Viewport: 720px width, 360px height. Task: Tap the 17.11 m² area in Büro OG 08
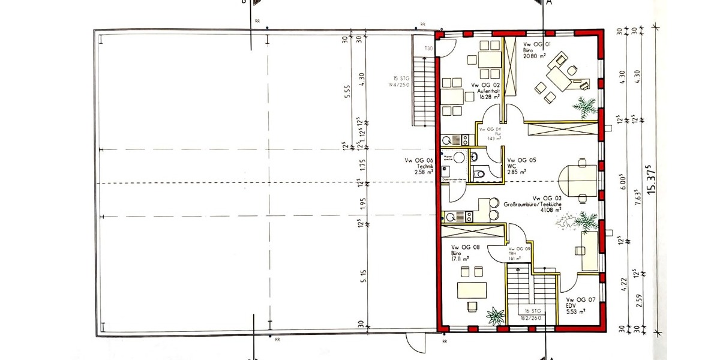[x=460, y=259]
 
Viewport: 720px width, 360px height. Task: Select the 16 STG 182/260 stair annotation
[x=530, y=314]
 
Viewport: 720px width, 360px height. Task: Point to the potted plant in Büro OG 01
[x=583, y=108]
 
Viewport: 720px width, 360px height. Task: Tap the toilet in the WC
[x=478, y=175]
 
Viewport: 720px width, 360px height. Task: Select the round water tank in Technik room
[x=460, y=157]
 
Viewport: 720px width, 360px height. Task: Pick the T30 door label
[x=428, y=48]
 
